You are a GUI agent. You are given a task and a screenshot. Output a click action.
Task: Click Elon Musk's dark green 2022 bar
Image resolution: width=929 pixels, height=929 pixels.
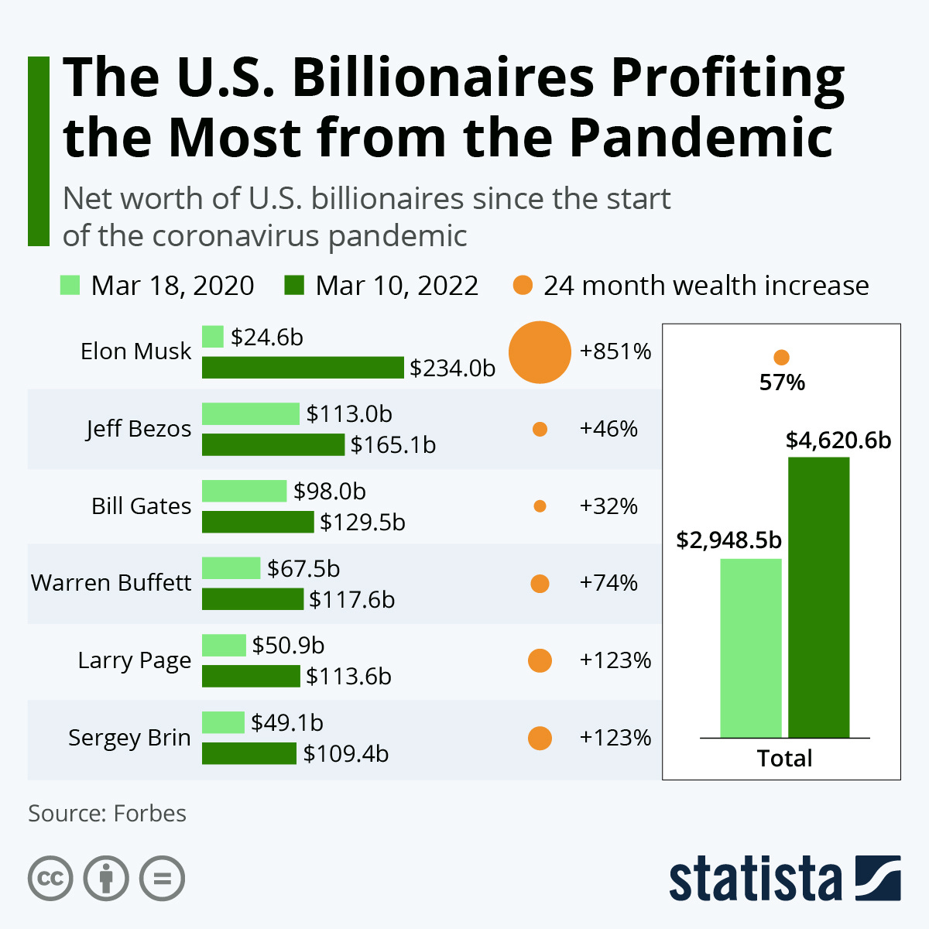(x=303, y=368)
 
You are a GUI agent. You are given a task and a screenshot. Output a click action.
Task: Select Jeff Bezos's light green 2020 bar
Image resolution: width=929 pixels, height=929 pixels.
(x=250, y=413)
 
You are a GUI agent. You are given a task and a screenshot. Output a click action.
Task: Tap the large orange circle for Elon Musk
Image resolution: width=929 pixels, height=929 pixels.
(x=540, y=352)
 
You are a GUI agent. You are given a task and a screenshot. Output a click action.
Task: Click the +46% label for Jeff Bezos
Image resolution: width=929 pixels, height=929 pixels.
(x=608, y=429)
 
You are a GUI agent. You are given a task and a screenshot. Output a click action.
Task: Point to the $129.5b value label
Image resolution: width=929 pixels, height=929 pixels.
(x=362, y=523)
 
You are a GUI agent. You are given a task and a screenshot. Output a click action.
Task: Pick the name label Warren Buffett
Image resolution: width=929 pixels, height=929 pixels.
(x=111, y=582)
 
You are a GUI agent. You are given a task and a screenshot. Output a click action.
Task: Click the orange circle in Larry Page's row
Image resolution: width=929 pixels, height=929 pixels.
(x=540, y=660)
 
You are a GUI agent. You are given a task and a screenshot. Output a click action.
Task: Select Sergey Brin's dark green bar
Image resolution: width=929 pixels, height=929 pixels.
(x=249, y=753)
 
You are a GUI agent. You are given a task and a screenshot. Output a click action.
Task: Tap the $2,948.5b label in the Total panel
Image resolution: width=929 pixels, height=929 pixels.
(x=728, y=540)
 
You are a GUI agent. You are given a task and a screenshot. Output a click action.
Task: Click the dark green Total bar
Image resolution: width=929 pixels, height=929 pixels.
(x=818, y=597)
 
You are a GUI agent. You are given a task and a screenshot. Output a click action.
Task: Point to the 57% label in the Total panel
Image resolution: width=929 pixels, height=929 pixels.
(x=782, y=382)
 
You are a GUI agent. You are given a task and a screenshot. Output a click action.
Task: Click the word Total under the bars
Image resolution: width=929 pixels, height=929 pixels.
(x=784, y=758)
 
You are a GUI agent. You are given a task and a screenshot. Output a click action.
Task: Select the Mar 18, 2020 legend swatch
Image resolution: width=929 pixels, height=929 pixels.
(x=70, y=286)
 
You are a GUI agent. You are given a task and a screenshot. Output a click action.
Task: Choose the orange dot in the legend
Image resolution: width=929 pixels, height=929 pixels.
(x=523, y=286)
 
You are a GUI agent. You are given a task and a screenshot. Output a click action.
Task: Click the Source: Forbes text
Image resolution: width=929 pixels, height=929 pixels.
(x=107, y=814)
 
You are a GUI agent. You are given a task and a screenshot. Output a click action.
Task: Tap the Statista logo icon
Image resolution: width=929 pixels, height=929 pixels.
(x=878, y=878)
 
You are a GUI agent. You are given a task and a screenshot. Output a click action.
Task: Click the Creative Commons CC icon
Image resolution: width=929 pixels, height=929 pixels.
(x=50, y=879)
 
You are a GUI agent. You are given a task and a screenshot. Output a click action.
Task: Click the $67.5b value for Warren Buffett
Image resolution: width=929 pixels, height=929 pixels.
(x=303, y=569)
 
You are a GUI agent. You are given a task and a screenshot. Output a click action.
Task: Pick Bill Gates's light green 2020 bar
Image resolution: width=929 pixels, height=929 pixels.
(x=244, y=491)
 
